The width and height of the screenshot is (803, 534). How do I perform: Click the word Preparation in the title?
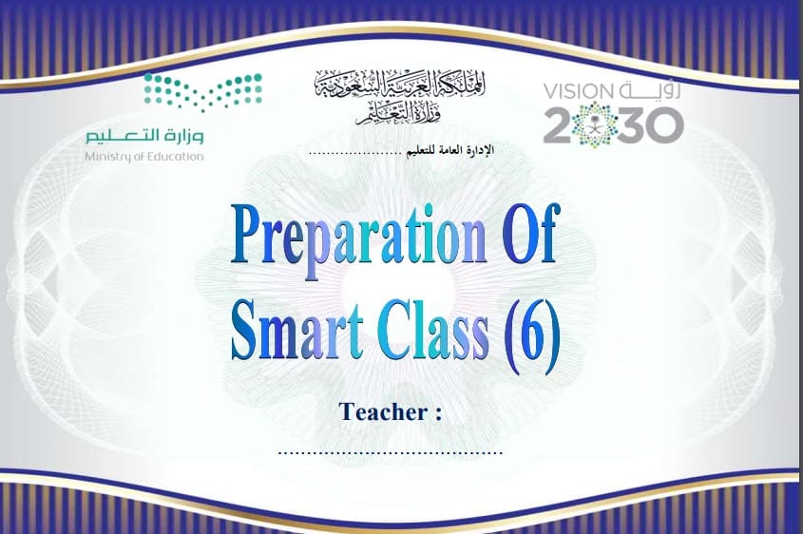tap(358, 240)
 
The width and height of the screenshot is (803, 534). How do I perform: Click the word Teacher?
tap(383, 412)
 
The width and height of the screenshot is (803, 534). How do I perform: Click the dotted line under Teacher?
tap(391, 452)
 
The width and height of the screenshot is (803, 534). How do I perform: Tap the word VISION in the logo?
tap(578, 91)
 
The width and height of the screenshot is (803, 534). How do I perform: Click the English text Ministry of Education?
tap(143, 157)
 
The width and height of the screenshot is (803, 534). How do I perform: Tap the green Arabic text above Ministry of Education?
tap(144, 135)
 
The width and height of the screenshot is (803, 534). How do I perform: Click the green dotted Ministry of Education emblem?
tap(203, 92)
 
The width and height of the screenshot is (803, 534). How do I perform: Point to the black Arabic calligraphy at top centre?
tap(400, 97)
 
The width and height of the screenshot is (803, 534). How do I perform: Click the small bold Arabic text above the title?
tap(450, 150)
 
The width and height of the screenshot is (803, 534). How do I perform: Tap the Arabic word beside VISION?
tap(649, 90)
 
